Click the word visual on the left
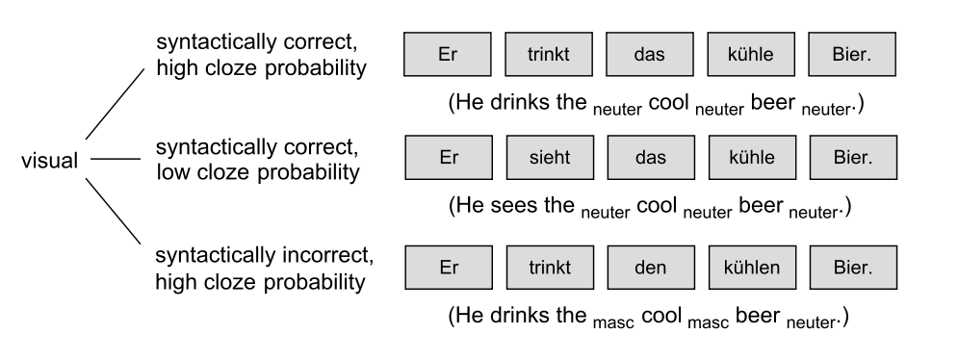pyautogui.click(x=49, y=162)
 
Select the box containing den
pyautogui.click(x=650, y=269)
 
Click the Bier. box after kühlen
pyautogui.click(x=852, y=269)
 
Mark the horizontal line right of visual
pyautogui.click(x=114, y=160)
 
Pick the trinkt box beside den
pyautogui.click(x=549, y=269)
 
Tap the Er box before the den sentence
pyautogui.click(x=449, y=269)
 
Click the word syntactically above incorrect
pyautogui.click(x=212, y=257)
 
